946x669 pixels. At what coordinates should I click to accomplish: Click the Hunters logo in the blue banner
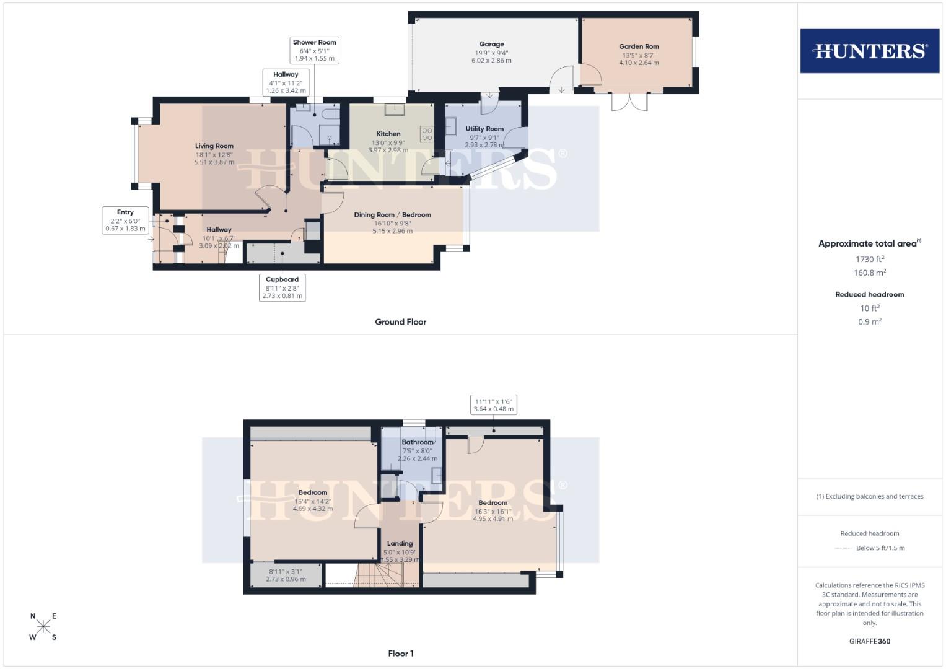869,51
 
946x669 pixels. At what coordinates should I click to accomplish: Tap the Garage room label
491,44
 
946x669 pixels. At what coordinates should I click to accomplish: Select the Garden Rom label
639,46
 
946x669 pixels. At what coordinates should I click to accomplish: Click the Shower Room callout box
314,50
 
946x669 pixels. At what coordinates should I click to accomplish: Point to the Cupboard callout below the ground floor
282,287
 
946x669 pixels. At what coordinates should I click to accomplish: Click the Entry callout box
125,221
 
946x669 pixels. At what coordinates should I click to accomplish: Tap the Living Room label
214,146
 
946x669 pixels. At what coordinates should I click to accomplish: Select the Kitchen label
388,134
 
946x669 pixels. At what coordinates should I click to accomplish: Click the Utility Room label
484,129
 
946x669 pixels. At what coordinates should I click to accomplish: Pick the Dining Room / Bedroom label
392,215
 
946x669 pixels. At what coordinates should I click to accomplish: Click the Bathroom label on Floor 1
417,442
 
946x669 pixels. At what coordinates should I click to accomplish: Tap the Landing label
400,543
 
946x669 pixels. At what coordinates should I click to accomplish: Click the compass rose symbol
43,627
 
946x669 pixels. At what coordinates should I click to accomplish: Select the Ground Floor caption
400,322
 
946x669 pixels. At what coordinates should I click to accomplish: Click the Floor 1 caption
400,654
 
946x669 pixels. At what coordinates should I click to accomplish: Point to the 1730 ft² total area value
869,260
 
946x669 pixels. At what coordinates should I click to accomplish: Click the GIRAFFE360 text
869,641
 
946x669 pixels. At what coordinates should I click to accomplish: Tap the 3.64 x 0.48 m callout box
493,405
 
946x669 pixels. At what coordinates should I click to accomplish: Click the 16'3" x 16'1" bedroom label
493,511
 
